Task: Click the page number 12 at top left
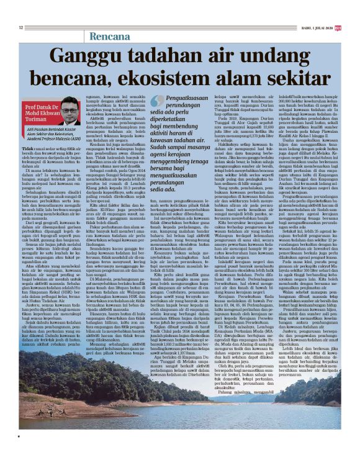click(x=21, y=27)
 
